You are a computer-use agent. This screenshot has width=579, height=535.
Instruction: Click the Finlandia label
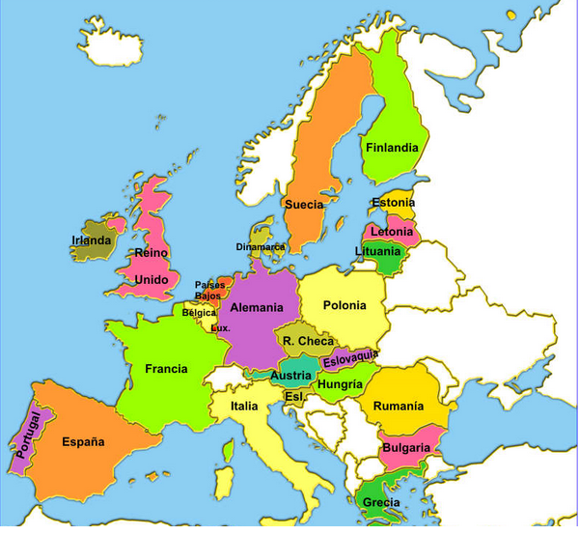392,148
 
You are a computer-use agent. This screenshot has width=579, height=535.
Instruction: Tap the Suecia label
303,205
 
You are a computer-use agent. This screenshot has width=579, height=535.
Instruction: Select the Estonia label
393,203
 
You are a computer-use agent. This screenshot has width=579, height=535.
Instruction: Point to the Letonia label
391,233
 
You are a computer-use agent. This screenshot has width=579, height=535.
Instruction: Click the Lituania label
377,251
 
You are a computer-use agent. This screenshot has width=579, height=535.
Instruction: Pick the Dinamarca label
261,247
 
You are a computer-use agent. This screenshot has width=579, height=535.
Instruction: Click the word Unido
151,280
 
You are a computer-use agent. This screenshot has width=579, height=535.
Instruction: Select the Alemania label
257,307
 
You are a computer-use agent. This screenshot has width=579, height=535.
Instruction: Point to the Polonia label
345,305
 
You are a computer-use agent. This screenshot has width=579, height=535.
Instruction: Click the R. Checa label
309,341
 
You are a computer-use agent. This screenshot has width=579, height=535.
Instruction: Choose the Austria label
290,376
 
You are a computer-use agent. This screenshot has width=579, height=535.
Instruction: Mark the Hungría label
340,384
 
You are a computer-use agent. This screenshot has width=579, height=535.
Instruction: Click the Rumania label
398,406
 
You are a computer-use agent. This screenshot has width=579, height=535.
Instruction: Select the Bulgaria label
405,448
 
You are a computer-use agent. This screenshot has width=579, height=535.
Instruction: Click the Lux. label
220,328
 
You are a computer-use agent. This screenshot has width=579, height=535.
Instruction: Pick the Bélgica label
200,313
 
